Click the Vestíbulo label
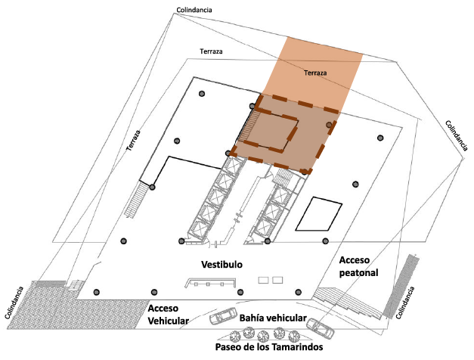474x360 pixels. (x=221, y=265)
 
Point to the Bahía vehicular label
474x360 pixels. (x=273, y=318)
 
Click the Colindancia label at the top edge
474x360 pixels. (x=193, y=9)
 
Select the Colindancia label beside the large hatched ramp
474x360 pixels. (x=16, y=306)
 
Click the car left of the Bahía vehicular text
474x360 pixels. (x=225, y=317)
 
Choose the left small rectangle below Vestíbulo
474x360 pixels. (x=264, y=281)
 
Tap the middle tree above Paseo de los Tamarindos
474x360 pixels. (x=264, y=335)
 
